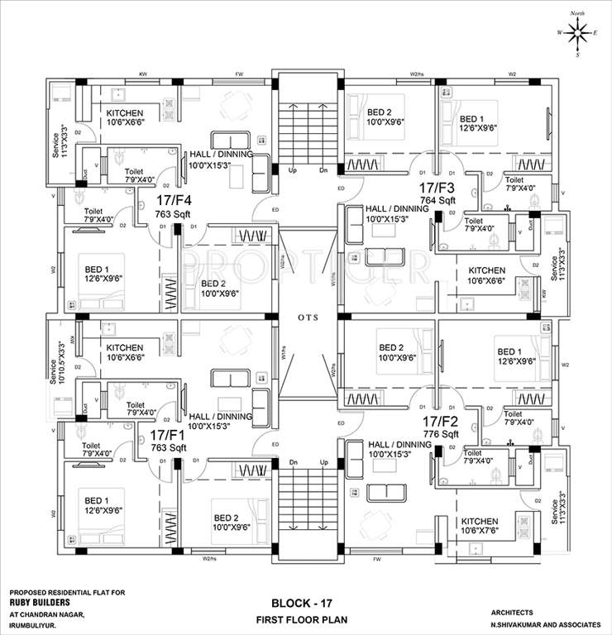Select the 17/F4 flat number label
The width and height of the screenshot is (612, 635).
[174, 200]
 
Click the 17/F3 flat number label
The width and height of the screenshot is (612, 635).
[437, 188]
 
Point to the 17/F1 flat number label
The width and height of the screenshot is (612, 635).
[167, 435]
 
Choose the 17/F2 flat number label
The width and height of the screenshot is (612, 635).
[438, 421]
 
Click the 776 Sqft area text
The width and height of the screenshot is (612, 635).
[438, 434]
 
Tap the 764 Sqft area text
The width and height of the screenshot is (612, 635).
[437, 200]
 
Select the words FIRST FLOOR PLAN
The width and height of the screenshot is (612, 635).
[308, 619]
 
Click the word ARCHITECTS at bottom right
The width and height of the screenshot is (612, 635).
[513, 613]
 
